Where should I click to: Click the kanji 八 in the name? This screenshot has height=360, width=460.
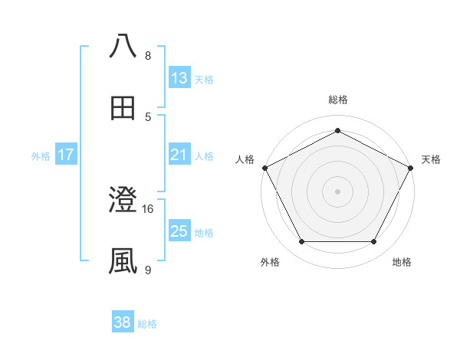[x=123, y=46]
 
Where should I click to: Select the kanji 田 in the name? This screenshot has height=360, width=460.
[x=123, y=107]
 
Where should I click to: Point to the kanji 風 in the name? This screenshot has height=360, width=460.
[x=123, y=261]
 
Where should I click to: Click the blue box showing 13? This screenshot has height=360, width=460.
[x=179, y=78]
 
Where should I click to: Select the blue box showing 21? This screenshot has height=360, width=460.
[x=179, y=155]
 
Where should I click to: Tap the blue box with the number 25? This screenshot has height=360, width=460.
[x=179, y=231]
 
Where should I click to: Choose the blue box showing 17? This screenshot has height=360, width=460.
[x=66, y=155]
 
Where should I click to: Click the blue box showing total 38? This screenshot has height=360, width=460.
[x=123, y=322]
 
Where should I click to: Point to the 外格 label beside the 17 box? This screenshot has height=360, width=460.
[x=41, y=156]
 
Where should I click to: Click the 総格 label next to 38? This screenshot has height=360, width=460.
[x=148, y=324]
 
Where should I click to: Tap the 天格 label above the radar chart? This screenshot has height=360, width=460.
[x=431, y=159]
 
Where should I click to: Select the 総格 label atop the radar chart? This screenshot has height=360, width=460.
[x=338, y=100]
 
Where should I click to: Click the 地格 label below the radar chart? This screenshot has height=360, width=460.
[x=402, y=262]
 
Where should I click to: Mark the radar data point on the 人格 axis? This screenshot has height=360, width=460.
[x=264, y=167]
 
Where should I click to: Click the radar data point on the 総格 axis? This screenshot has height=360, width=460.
[x=337, y=131]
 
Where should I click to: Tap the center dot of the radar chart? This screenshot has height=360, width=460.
[x=337, y=191]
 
